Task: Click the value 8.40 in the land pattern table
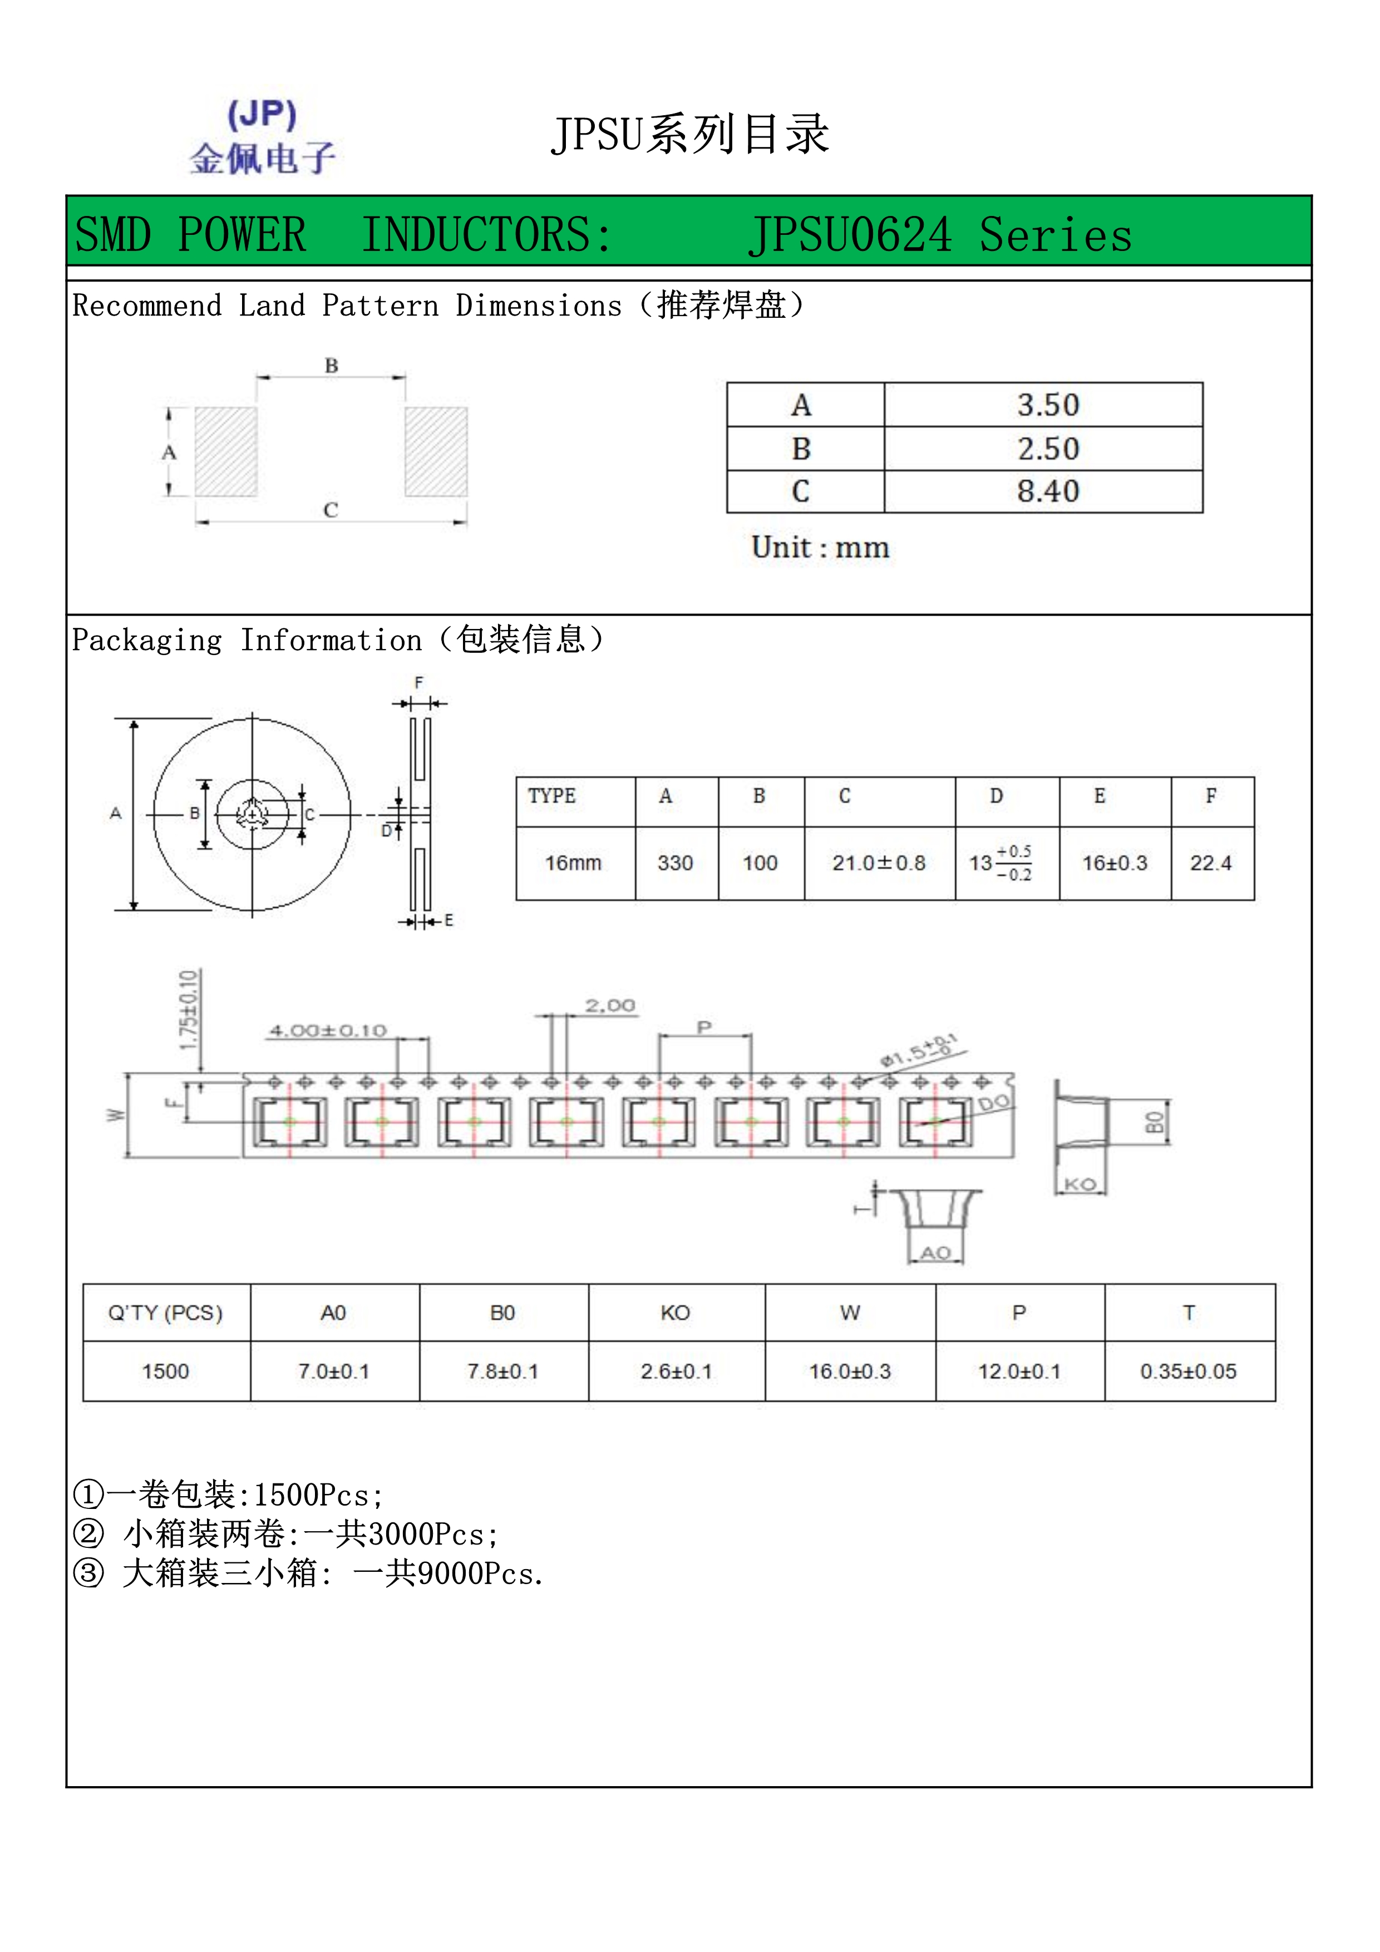(1048, 491)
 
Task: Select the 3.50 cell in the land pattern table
(1048, 405)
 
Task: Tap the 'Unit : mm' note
(820, 548)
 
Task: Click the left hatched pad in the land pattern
(226, 451)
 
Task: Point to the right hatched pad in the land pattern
(436, 451)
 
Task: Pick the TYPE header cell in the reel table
(553, 796)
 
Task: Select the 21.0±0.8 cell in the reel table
(879, 863)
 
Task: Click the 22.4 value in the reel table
(1211, 863)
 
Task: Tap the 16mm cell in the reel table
(574, 863)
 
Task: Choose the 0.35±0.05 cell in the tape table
(1188, 1371)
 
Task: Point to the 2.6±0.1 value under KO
(677, 1371)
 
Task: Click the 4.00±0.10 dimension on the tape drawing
(328, 1031)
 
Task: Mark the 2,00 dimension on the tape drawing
(610, 1006)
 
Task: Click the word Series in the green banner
(1056, 235)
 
